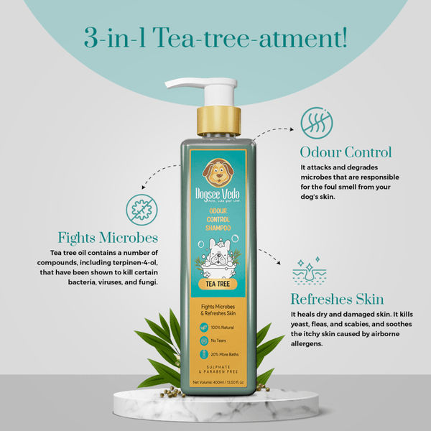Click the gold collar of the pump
215,121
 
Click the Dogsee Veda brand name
215,194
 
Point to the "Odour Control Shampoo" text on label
215,217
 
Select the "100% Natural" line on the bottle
221,328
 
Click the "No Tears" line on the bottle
218,340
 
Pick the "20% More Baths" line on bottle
222,354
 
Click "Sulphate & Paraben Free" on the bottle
215,371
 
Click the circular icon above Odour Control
317,121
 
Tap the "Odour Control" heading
346,152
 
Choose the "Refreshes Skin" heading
337,300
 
